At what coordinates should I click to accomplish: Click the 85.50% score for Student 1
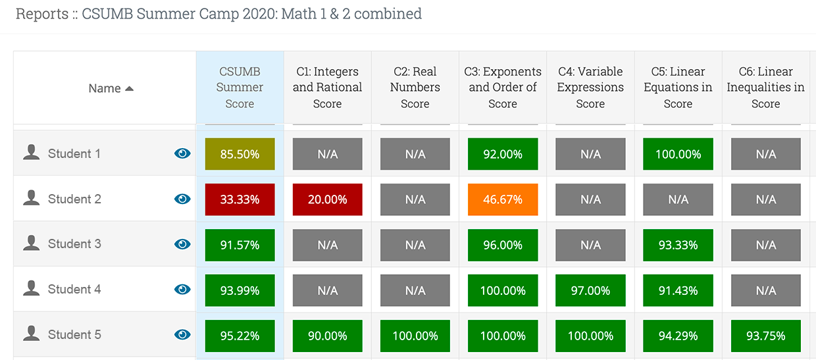point(240,154)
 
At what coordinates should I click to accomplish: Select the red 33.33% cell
point(240,199)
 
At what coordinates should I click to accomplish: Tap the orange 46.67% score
point(503,199)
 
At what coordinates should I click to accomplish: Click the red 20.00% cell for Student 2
point(327,199)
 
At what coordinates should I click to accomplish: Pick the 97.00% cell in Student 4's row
point(590,290)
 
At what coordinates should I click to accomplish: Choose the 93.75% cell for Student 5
point(765,336)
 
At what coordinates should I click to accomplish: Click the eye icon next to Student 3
point(182,244)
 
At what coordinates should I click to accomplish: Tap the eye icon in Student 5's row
point(182,335)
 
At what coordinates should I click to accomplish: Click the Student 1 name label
point(74,154)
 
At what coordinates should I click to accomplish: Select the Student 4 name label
point(74,290)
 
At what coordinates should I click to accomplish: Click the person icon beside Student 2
point(31,199)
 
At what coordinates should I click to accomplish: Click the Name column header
point(105,88)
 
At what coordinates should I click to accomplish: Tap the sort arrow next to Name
point(129,88)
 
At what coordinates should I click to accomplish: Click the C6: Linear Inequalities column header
point(765,88)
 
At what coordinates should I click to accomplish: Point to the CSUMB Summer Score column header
point(240,88)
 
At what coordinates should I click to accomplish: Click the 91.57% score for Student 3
point(240,245)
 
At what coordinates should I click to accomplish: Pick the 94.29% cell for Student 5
point(678,336)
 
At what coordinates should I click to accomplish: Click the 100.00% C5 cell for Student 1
point(678,154)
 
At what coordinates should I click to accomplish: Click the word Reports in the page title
point(41,14)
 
